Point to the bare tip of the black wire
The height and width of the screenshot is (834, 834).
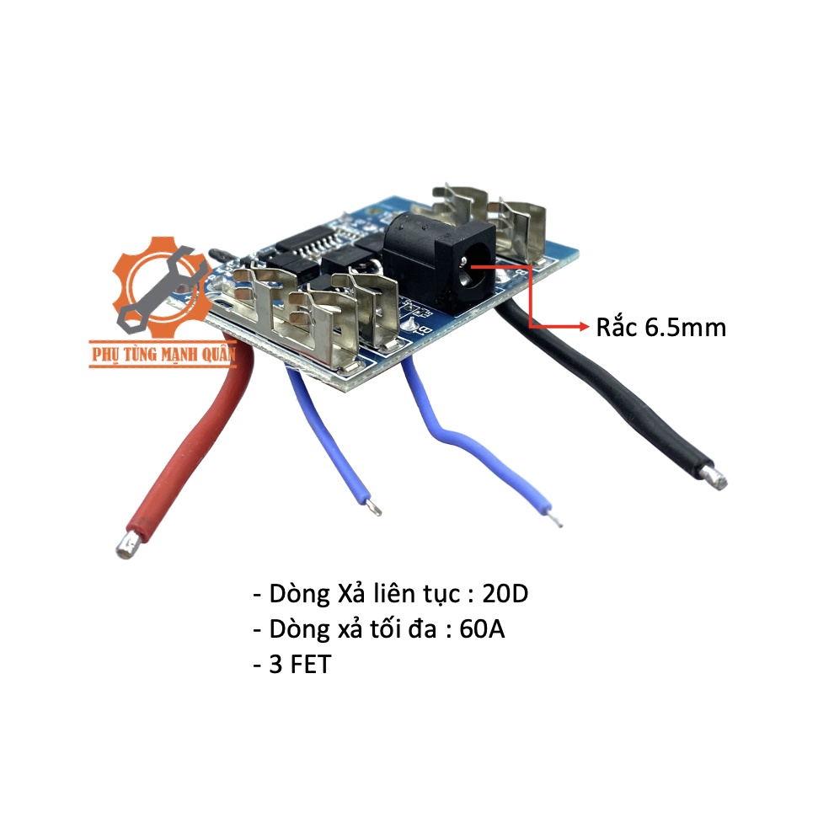717,478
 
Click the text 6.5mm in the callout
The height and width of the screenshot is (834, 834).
685,327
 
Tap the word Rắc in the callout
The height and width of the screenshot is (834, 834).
618,327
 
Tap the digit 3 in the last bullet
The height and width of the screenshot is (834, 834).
275,664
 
